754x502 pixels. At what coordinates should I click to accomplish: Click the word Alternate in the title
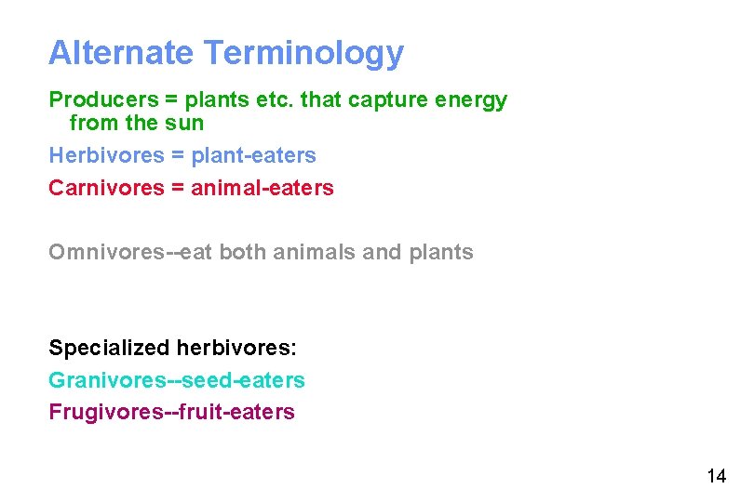pos(120,53)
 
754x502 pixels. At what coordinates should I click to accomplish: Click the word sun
pos(184,123)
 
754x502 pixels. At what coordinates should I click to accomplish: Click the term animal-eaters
pos(262,188)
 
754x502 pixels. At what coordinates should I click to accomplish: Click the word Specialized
pos(109,349)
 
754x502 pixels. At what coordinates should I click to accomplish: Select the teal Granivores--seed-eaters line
pos(176,380)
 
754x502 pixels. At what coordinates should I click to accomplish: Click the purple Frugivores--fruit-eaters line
pos(171,412)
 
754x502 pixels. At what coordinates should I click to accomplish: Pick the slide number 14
pos(716,477)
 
